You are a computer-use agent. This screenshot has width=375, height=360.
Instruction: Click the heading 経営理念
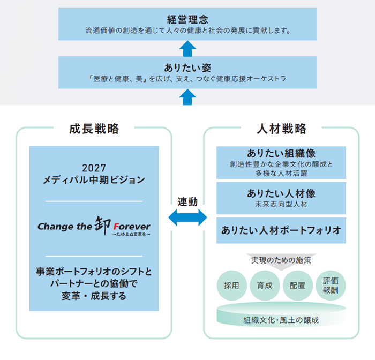pos(187,19)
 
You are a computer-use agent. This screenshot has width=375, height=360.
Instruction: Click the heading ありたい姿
pos(187,67)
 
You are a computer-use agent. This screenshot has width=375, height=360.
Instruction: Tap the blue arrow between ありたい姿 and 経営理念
pos(187,48)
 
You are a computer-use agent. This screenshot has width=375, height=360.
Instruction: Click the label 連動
pos(187,202)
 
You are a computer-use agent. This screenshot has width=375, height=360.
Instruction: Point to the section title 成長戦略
pos(94,129)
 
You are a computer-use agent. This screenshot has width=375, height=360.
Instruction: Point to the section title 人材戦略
pos(281,129)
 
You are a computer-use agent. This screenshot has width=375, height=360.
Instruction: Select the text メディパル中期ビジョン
pos(94,180)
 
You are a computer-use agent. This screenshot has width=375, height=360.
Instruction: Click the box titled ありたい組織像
pos(281,162)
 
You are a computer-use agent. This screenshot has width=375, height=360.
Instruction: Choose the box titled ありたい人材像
pos(281,197)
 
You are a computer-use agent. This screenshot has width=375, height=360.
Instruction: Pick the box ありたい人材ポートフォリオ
pos(281,230)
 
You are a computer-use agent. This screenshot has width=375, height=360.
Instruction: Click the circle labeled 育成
pos(265,285)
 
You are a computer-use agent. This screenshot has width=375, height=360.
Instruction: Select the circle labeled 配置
pos(297,285)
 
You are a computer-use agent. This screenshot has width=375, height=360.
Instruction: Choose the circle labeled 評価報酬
pos(331,285)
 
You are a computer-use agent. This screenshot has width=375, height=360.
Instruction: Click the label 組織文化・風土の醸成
pos(281,320)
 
